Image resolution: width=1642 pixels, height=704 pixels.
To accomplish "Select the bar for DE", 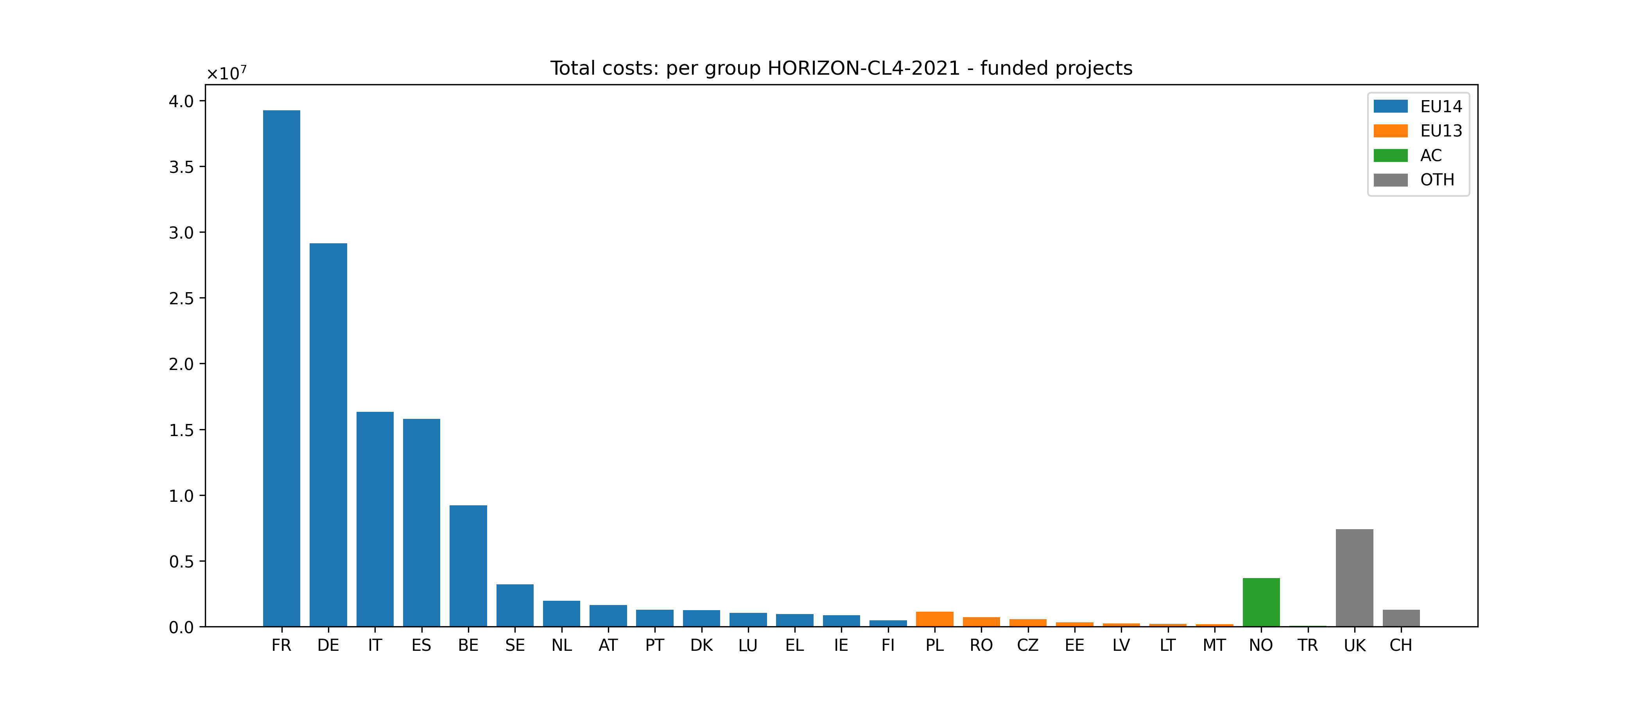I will (328, 435).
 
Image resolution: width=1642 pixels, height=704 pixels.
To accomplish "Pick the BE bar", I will (468, 566).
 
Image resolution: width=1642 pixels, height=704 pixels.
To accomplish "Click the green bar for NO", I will (1261, 603).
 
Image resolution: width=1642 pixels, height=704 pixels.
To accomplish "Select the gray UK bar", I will (1355, 578).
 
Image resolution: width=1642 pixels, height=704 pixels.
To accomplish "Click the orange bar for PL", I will (934, 619).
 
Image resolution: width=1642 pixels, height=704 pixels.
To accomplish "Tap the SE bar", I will (515, 606).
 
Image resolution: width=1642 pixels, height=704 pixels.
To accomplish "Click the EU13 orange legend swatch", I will (1390, 131).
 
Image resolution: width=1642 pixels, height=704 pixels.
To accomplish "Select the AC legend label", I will (1430, 156).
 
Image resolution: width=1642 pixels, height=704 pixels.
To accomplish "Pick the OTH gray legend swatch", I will (1390, 180).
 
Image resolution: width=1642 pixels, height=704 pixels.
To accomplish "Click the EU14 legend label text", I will (1441, 106).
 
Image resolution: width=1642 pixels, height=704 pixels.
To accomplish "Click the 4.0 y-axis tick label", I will (181, 101).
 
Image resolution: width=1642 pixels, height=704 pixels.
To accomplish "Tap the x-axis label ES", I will (421, 645).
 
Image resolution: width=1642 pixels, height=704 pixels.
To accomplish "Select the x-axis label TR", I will (1307, 645).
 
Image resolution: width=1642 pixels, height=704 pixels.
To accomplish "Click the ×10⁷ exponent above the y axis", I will (226, 74).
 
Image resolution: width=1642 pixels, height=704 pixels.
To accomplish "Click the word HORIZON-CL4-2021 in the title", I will (863, 68).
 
